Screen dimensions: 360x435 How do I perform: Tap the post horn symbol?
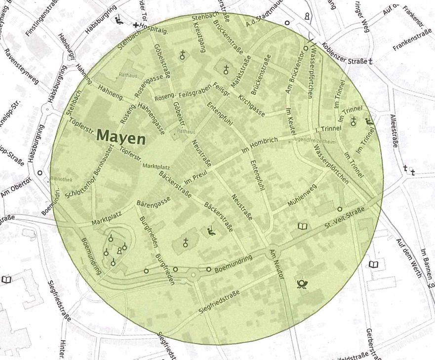(301, 283)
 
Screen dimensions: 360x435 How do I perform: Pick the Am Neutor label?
(276, 265)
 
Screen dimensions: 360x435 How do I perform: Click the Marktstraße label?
(241, 73)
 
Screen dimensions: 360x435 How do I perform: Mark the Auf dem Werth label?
(408, 259)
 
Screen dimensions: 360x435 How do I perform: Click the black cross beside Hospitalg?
(136, 25)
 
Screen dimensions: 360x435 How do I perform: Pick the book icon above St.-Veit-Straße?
(302, 227)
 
